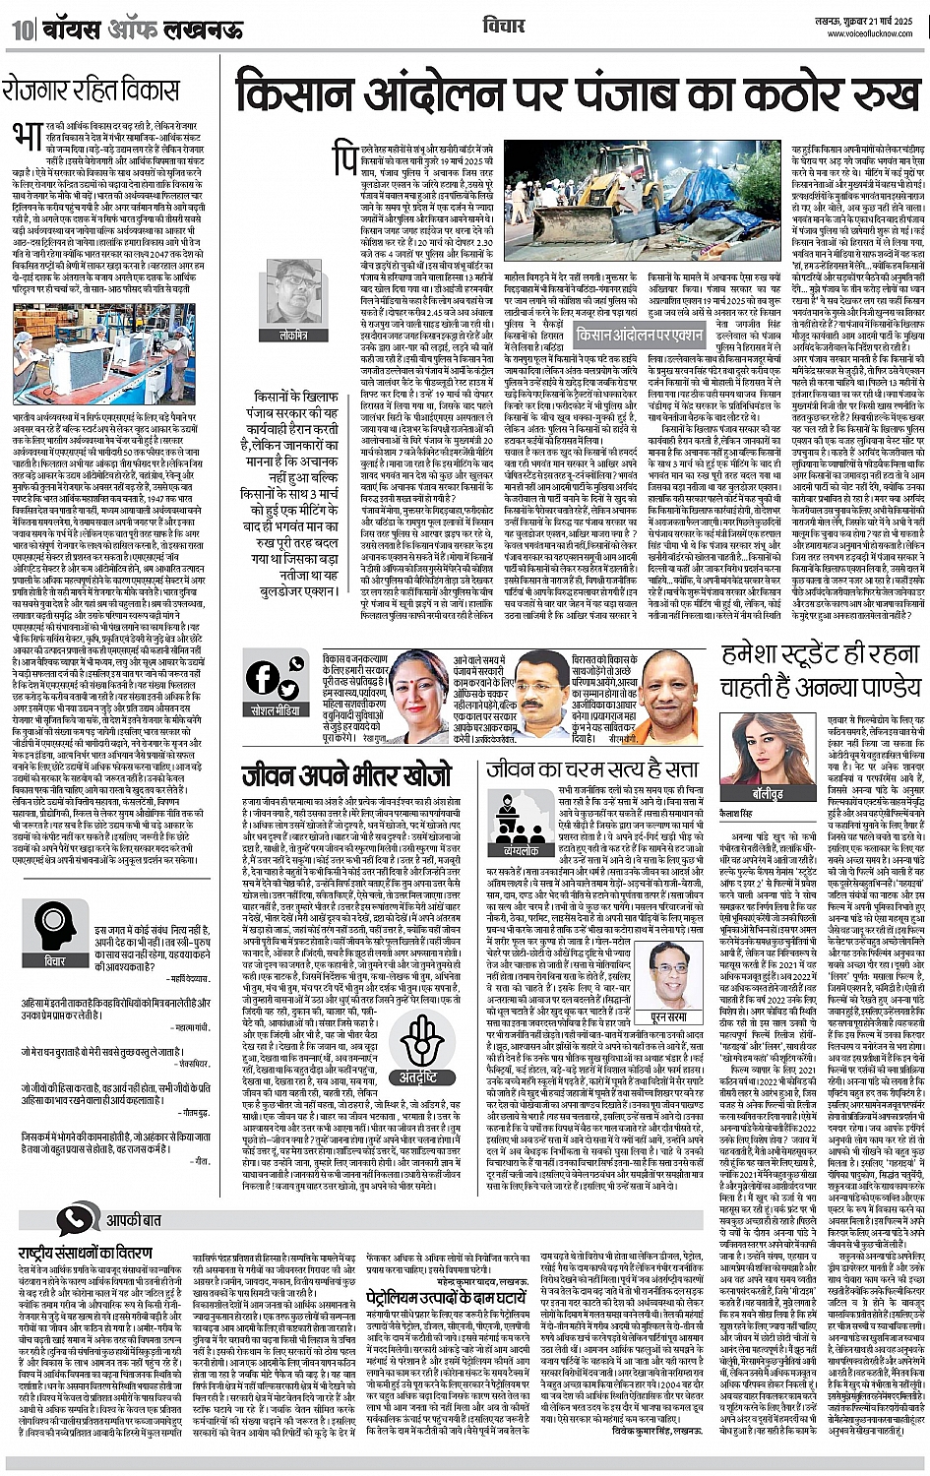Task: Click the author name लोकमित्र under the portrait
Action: point(293,336)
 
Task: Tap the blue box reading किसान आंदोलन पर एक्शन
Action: point(640,334)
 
